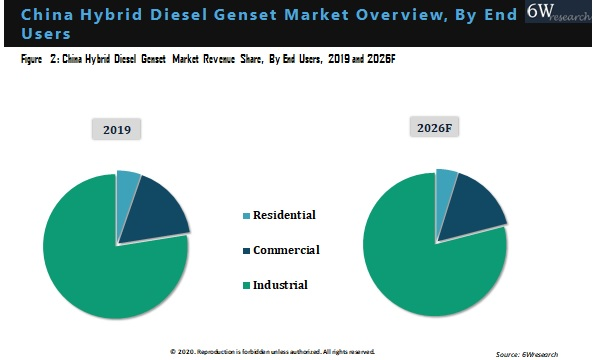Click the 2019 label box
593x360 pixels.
(117, 129)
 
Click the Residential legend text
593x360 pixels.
(284, 215)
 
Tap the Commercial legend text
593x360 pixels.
(286, 250)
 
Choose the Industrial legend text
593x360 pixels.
(280, 285)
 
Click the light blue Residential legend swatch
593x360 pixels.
(245, 216)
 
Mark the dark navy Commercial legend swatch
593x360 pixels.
(245, 251)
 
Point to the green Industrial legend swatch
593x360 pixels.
(245, 286)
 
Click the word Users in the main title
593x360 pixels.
(44, 34)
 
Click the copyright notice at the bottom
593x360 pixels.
(272, 352)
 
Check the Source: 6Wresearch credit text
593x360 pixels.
(540, 353)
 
